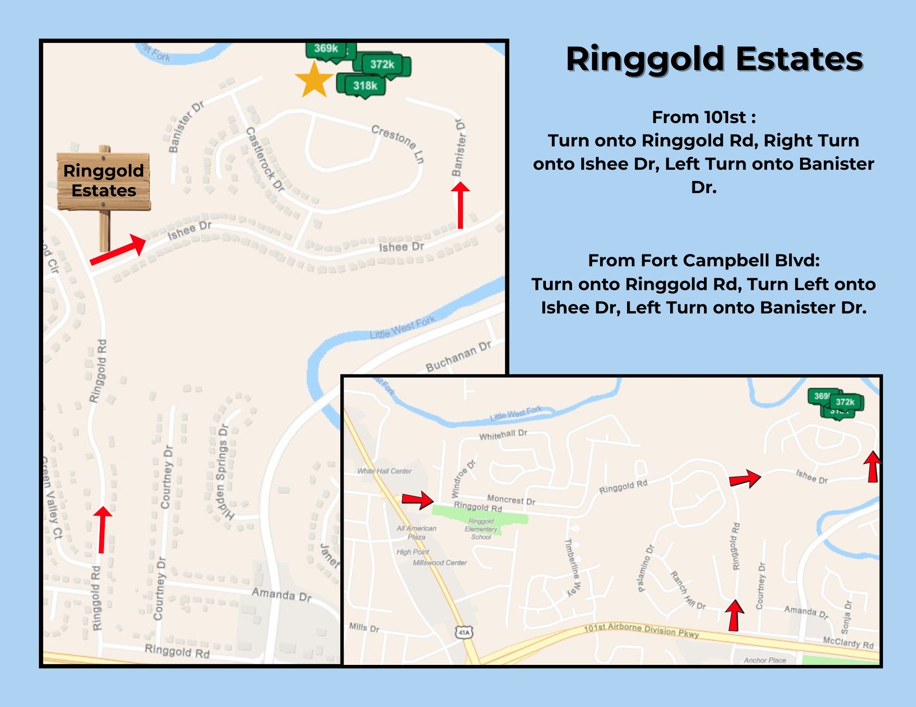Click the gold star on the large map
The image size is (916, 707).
click(x=314, y=81)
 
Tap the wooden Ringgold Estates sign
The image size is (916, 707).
click(x=104, y=181)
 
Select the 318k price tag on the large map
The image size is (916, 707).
click(x=365, y=86)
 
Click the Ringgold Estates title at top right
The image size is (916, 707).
click(x=714, y=59)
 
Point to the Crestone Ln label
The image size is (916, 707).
click(x=398, y=143)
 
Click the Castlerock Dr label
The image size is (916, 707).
click(x=265, y=159)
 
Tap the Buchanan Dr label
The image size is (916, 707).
click(x=458, y=356)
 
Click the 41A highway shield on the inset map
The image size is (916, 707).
click(x=464, y=632)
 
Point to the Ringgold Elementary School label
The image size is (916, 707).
click(x=481, y=529)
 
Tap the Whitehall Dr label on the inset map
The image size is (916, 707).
click(x=503, y=435)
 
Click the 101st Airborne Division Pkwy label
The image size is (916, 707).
click(x=641, y=630)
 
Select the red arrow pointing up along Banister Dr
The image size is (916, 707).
click(x=460, y=205)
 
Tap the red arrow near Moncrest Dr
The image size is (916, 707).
click(x=417, y=500)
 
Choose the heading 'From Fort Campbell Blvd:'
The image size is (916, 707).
click(x=703, y=260)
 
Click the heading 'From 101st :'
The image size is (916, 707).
click(x=703, y=117)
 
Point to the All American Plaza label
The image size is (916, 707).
click(x=416, y=532)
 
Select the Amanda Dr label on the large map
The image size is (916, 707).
click(x=281, y=594)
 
